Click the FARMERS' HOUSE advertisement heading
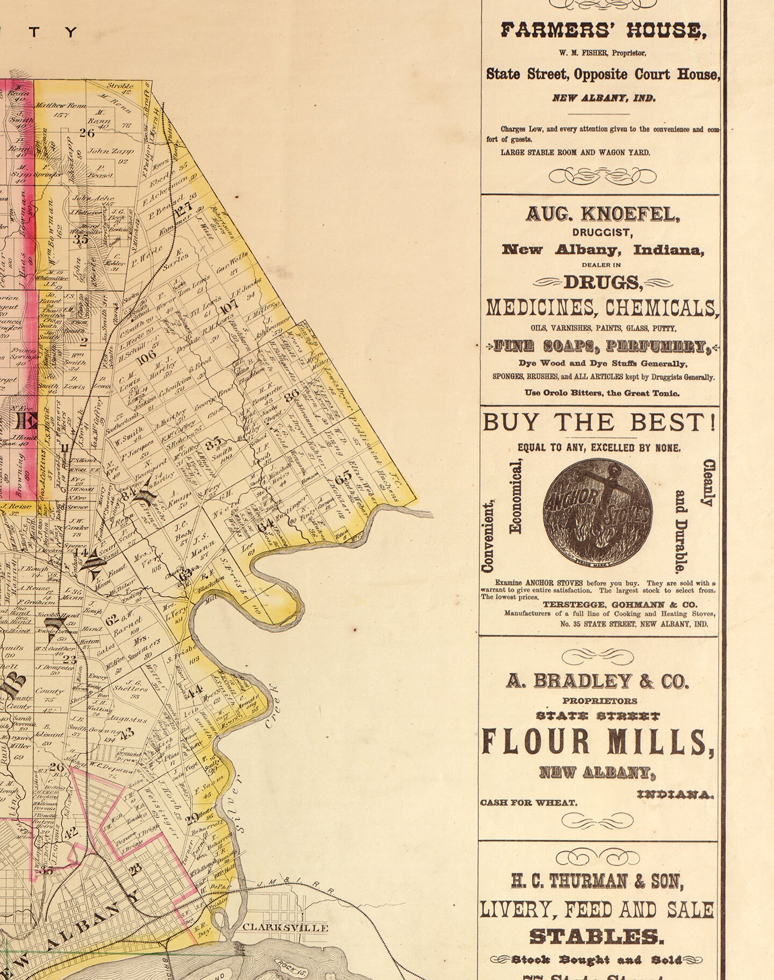(603, 31)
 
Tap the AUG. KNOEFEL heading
(603, 215)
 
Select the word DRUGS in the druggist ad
(603, 282)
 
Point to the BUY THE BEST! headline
(599, 423)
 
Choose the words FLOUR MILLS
(598, 742)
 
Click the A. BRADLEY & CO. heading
(597, 681)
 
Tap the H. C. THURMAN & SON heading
(597, 882)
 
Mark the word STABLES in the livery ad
(597, 937)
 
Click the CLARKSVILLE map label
(285, 927)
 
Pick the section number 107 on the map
(229, 307)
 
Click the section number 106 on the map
(146, 358)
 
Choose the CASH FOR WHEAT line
(528, 803)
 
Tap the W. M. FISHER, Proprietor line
(602, 53)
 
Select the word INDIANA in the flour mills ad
(676, 795)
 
